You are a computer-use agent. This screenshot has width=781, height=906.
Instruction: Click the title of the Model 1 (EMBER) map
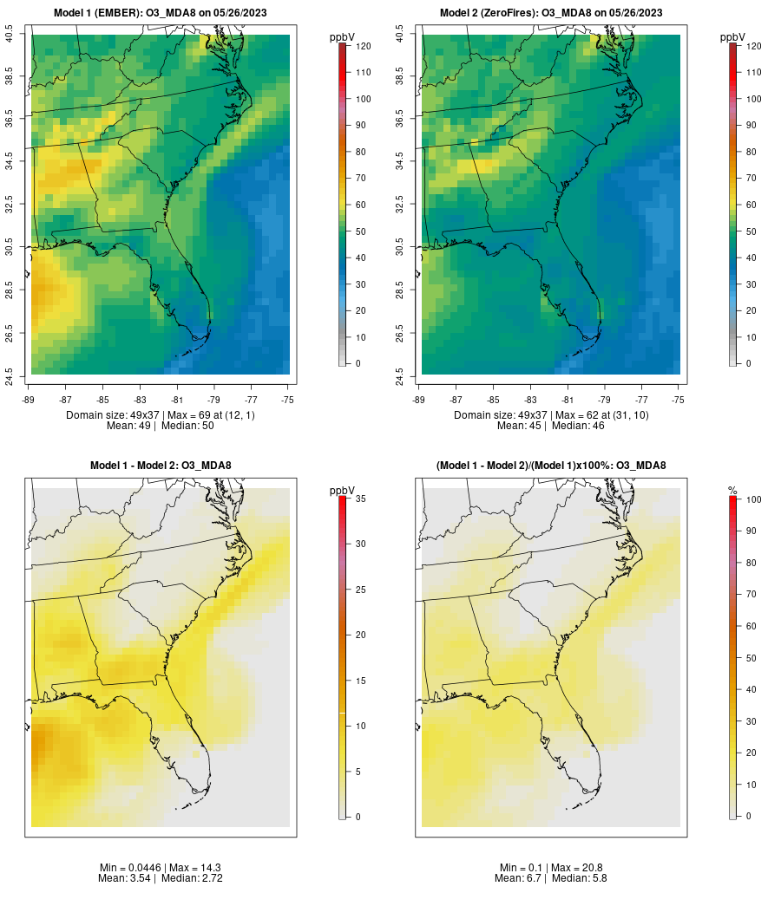pos(161,12)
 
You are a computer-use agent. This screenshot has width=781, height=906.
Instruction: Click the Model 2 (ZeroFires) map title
pos(551,12)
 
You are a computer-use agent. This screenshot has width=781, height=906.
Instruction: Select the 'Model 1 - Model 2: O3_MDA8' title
pos(161,466)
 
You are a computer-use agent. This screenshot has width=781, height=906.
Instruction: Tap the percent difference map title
pos(551,466)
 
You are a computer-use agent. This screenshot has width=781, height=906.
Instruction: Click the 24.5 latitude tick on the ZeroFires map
pos(400,375)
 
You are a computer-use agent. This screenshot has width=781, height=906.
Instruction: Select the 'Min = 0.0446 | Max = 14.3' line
pos(161,868)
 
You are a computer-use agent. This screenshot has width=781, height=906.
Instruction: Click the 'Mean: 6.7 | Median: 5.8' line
pos(551,878)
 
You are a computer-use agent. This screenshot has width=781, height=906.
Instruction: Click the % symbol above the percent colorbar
pos(732,491)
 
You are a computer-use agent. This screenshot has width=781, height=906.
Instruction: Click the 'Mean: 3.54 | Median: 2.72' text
pos(161,878)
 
